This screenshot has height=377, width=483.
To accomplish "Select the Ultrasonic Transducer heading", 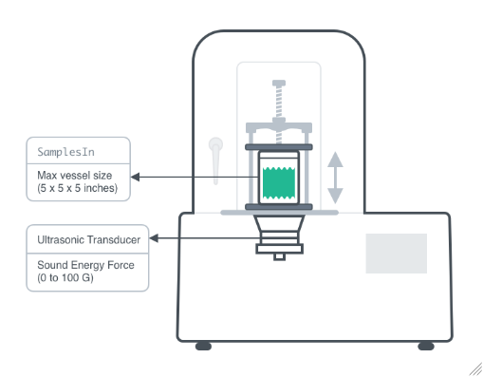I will [x=84, y=239].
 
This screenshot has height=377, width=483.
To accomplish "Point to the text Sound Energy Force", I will [x=80, y=266].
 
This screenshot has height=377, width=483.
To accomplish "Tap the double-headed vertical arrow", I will [x=335, y=178].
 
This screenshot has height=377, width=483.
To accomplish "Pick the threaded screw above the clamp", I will [x=279, y=101].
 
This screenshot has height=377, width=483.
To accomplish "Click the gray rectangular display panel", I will [x=396, y=254].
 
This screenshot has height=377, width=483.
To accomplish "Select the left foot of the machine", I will [x=203, y=346].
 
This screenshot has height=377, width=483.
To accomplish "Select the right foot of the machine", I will [x=426, y=346].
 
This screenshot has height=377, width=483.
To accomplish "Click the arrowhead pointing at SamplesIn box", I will [x=135, y=177].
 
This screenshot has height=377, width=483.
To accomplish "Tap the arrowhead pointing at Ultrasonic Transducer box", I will [x=155, y=239].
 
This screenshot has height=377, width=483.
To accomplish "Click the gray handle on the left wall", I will [x=216, y=158].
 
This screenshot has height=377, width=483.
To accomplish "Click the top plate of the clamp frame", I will [x=279, y=126].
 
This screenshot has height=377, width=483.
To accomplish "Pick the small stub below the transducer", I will [x=279, y=255].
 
